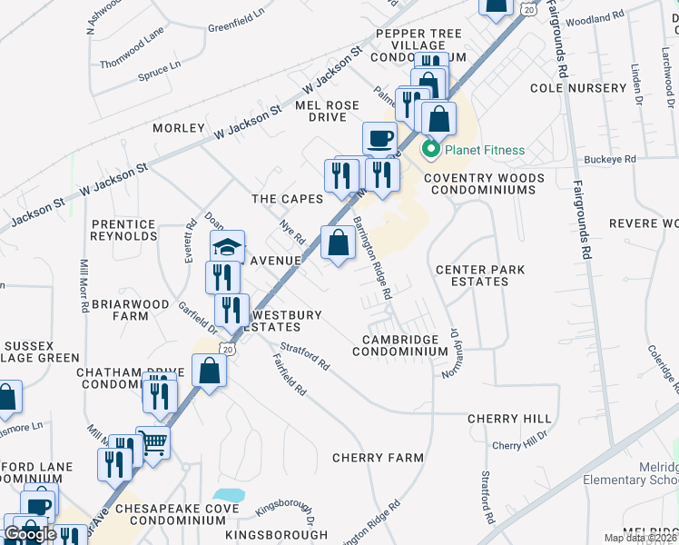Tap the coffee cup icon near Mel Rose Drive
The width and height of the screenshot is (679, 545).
[x=379, y=138]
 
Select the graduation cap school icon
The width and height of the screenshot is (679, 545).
[x=228, y=245]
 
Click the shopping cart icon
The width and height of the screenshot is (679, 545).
[x=153, y=443]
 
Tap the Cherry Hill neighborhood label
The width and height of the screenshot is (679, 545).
[x=509, y=419]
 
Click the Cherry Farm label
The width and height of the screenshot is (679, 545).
[x=379, y=458]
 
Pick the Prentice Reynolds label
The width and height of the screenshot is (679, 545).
[x=124, y=230]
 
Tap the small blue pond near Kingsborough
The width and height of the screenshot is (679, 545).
[x=231, y=497]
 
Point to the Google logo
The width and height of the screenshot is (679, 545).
[x=30, y=534]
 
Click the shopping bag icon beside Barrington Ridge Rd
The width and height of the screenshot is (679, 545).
[x=338, y=243]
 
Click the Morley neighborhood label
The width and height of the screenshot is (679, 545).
[x=179, y=128]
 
